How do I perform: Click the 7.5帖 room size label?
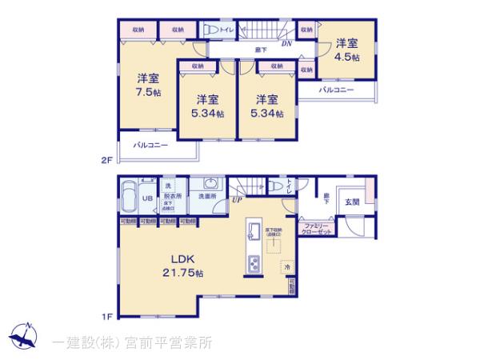(146, 84)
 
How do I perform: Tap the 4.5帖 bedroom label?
(346, 50)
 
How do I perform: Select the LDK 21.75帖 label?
(185, 265)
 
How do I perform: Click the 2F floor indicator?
(106, 160)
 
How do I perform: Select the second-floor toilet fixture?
(211, 30)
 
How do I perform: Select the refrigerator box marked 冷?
(286, 266)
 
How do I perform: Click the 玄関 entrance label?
(353, 202)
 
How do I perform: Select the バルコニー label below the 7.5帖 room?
(150, 146)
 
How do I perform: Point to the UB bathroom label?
(147, 199)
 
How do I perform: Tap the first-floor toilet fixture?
(274, 187)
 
